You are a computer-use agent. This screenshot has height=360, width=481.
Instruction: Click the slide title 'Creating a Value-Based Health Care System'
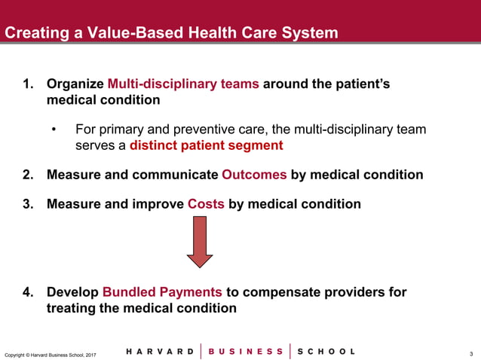coord(172,33)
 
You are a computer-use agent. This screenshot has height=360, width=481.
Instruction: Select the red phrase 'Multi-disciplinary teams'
coord(183,84)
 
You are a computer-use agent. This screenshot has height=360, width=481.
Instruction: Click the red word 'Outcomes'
coord(254,175)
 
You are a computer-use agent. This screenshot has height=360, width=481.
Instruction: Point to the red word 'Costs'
coord(206,204)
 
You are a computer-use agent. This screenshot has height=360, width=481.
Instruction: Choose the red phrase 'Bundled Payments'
coord(162,292)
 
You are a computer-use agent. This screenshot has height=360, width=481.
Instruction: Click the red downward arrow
coord(200,243)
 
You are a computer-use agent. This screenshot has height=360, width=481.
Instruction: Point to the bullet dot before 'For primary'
coord(55,130)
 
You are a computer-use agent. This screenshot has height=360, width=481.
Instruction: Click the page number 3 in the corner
coord(470,353)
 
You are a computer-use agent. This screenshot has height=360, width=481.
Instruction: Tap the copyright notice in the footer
coord(50,354)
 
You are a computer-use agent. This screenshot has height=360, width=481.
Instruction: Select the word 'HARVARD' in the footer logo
coord(159,352)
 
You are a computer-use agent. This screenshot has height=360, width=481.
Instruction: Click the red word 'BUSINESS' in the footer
coord(246,352)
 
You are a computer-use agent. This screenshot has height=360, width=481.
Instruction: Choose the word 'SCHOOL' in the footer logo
coord(326,352)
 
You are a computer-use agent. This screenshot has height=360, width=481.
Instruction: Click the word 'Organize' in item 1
coord(75,84)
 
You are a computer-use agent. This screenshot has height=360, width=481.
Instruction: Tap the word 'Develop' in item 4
coord(72,292)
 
